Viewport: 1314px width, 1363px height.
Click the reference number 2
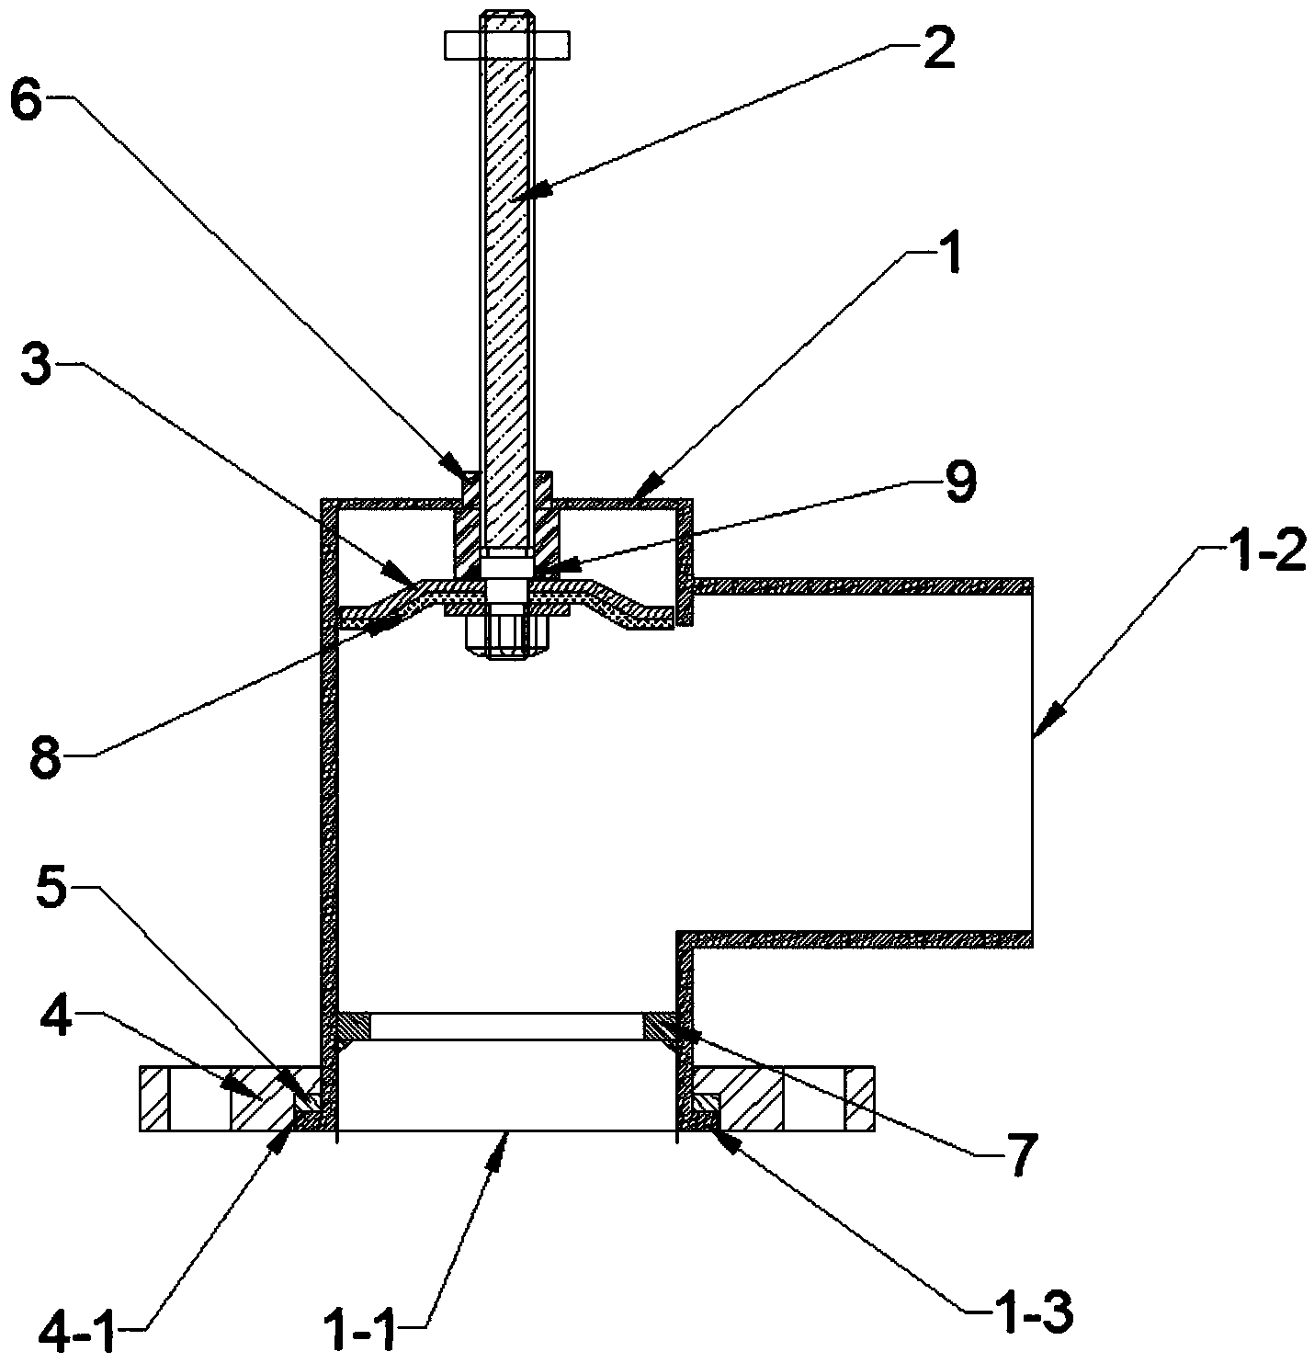(x=939, y=47)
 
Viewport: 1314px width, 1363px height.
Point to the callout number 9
(x=959, y=483)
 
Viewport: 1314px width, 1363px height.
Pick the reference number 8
(x=45, y=758)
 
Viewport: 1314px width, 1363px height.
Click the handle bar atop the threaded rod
(x=507, y=46)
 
